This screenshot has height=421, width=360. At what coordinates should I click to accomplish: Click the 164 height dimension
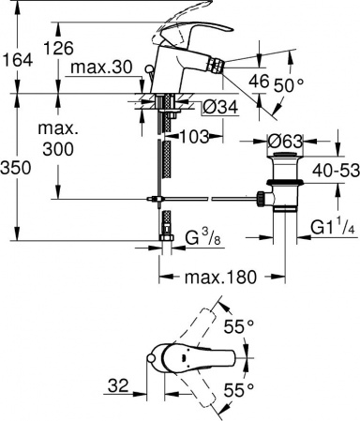click(17, 60)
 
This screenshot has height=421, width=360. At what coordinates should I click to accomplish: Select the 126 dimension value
click(58, 48)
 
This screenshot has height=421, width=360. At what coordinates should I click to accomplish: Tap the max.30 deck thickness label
click(101, 68)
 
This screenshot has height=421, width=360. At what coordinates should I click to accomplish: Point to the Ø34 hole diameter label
click(220, 107)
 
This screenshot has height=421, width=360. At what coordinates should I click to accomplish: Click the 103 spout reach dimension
click(194, 137)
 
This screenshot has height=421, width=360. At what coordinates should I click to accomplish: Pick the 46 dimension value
click(259, 82)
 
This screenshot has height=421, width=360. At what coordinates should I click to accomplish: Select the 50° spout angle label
click(289, 85)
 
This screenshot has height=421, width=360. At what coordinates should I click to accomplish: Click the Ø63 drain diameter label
click(285, 142)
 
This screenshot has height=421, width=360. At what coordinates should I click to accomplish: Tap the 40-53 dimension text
click(336, 171)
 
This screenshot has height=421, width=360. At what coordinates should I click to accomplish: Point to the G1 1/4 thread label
click(333, 228)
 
